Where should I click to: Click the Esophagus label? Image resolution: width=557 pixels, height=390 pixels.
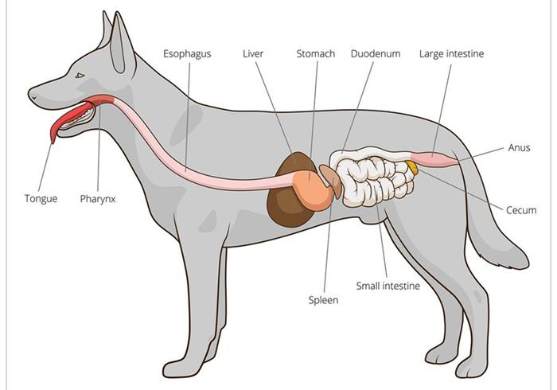tap(187, 54)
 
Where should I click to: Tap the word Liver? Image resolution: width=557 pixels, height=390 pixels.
tap(253, 53)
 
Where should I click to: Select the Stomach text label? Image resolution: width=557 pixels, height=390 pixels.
tap(315, 53)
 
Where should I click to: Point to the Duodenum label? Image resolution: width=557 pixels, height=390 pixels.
tap(376, 53)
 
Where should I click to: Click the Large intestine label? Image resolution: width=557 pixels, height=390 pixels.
tap(451, 53)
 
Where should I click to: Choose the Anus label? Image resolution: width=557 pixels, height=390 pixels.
tap(519, 147)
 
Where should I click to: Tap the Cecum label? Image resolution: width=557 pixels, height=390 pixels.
tap(521, 210)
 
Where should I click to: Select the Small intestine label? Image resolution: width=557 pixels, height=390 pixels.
tap(388, 286)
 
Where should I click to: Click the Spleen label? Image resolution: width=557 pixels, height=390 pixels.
tap(323, 301)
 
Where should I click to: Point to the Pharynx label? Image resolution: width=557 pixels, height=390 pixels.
tap(98, 199)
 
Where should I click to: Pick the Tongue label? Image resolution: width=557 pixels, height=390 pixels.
tap(41, 198)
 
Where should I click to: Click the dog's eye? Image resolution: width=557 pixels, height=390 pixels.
tap(80, 76)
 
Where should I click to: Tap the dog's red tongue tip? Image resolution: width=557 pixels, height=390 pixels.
tap(53, 139)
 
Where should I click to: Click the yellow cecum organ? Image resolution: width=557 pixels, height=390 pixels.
tap(412, 167)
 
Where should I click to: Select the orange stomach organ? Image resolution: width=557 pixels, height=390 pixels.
tap(312, 190)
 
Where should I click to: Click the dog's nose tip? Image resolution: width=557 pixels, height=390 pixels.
tap(30, 96)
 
